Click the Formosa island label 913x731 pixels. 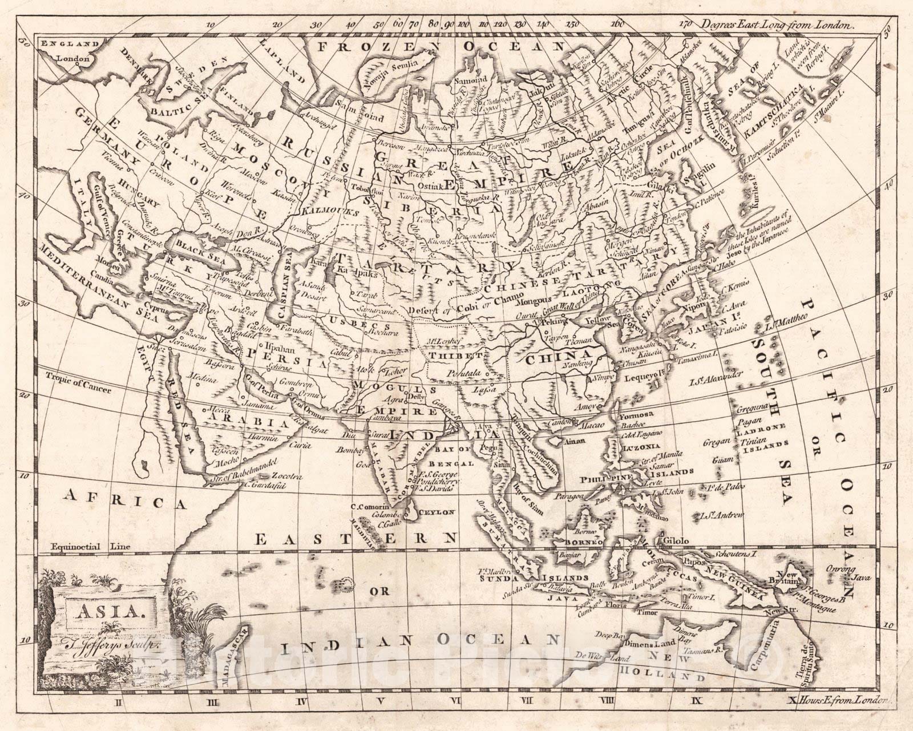pyautogui.click(x=634, y=416)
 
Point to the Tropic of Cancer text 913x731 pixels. pyautogui.click(x=78, y=383)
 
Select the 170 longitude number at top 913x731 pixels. pyautogui.click(x=685, y=25)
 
